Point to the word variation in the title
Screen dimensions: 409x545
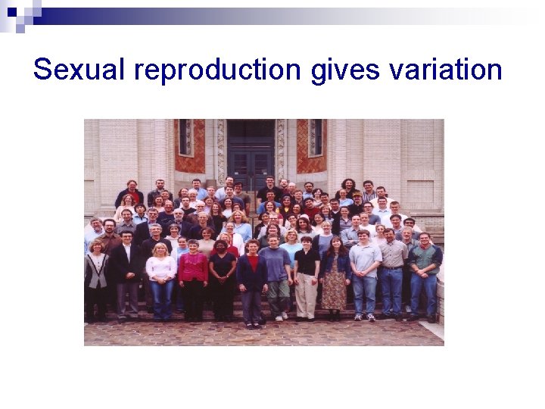click(445, 70)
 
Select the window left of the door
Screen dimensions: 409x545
click(185, 137)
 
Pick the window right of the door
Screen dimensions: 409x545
click(315, 137)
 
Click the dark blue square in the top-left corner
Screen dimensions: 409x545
click(11, 11)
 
